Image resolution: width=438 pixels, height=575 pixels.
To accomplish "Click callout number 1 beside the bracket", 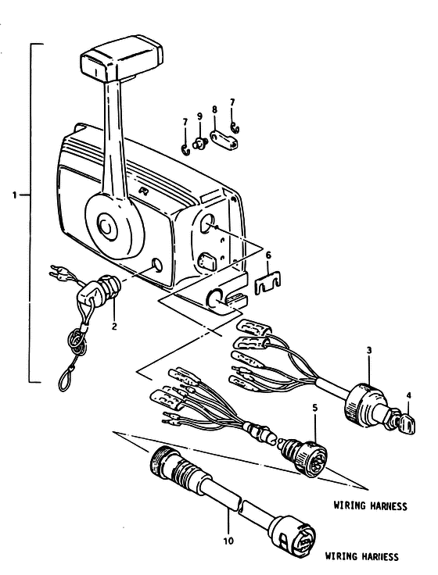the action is click(15, 195).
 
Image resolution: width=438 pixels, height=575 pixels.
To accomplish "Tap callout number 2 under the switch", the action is click(114, 326).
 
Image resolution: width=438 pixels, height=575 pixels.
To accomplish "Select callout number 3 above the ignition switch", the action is click(369, 351).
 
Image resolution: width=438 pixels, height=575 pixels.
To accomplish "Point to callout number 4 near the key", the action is click(409, 395).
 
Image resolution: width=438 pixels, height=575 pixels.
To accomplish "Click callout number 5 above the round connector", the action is click(315, 407).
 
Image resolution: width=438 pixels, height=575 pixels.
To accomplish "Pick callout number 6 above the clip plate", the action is click(268, 255).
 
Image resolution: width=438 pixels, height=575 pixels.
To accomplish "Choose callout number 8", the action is click(215, 109).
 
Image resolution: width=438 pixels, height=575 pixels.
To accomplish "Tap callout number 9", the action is click(199, 116).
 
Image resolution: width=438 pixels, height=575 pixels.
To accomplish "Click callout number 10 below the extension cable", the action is click(228, 541).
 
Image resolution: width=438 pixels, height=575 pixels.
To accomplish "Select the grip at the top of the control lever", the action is click(121, 58).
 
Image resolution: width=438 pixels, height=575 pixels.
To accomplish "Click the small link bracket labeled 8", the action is click(224, 141).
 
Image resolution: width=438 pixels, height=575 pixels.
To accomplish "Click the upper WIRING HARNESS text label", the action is click(370, 505).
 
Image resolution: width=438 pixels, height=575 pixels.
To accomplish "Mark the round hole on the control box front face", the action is click(157, 265).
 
